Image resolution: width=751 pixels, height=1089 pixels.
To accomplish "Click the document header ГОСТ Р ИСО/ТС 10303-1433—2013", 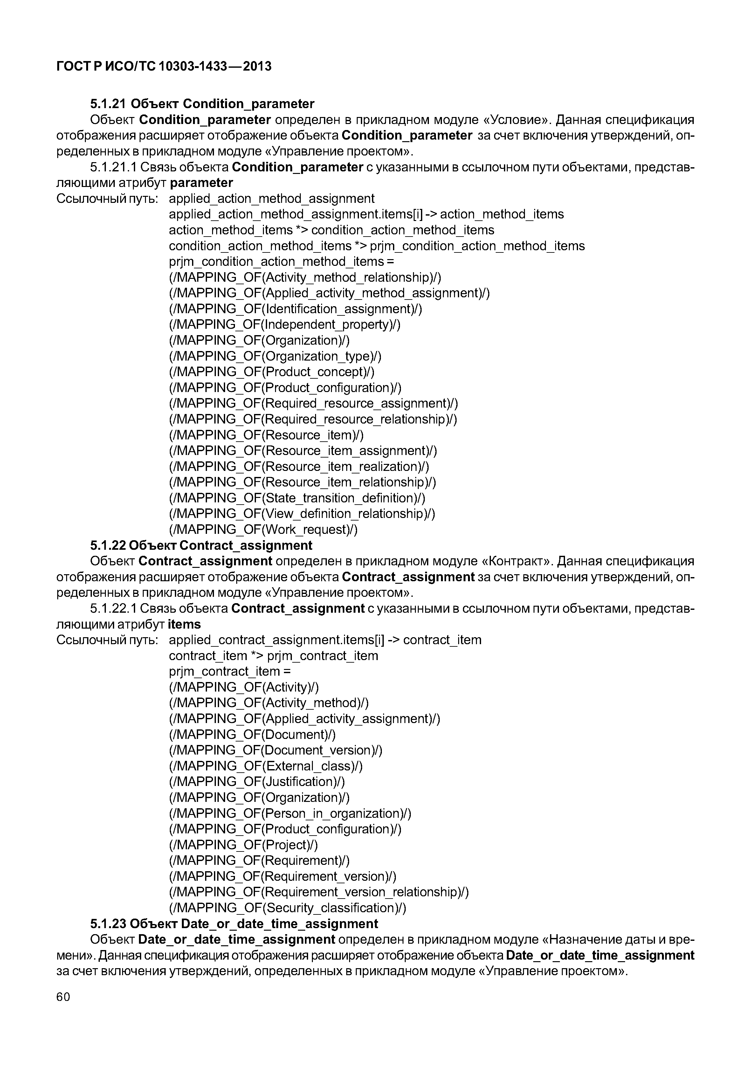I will (x=164, y=66).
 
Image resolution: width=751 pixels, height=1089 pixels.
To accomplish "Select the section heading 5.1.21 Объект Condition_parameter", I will (x=202, y=104).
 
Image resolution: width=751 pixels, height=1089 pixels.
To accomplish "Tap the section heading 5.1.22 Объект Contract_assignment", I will (x=201, y=545).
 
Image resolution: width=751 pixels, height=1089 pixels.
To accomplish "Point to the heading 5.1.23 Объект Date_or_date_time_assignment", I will (x=234, y=923).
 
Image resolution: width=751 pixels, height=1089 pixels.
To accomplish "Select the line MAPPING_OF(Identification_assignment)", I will (x=295, y=309).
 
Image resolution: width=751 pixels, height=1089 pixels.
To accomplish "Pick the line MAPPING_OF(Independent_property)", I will (x=284, y=325).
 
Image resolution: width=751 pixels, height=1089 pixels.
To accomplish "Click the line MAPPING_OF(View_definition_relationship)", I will (x=302, y=513).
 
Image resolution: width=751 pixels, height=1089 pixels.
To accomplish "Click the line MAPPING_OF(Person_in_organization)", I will (x=290, y=813).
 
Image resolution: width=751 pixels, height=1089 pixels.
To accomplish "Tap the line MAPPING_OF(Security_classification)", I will (x=287, y=908).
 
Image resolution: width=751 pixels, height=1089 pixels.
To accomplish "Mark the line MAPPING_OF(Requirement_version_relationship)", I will (x=319, y=892).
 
